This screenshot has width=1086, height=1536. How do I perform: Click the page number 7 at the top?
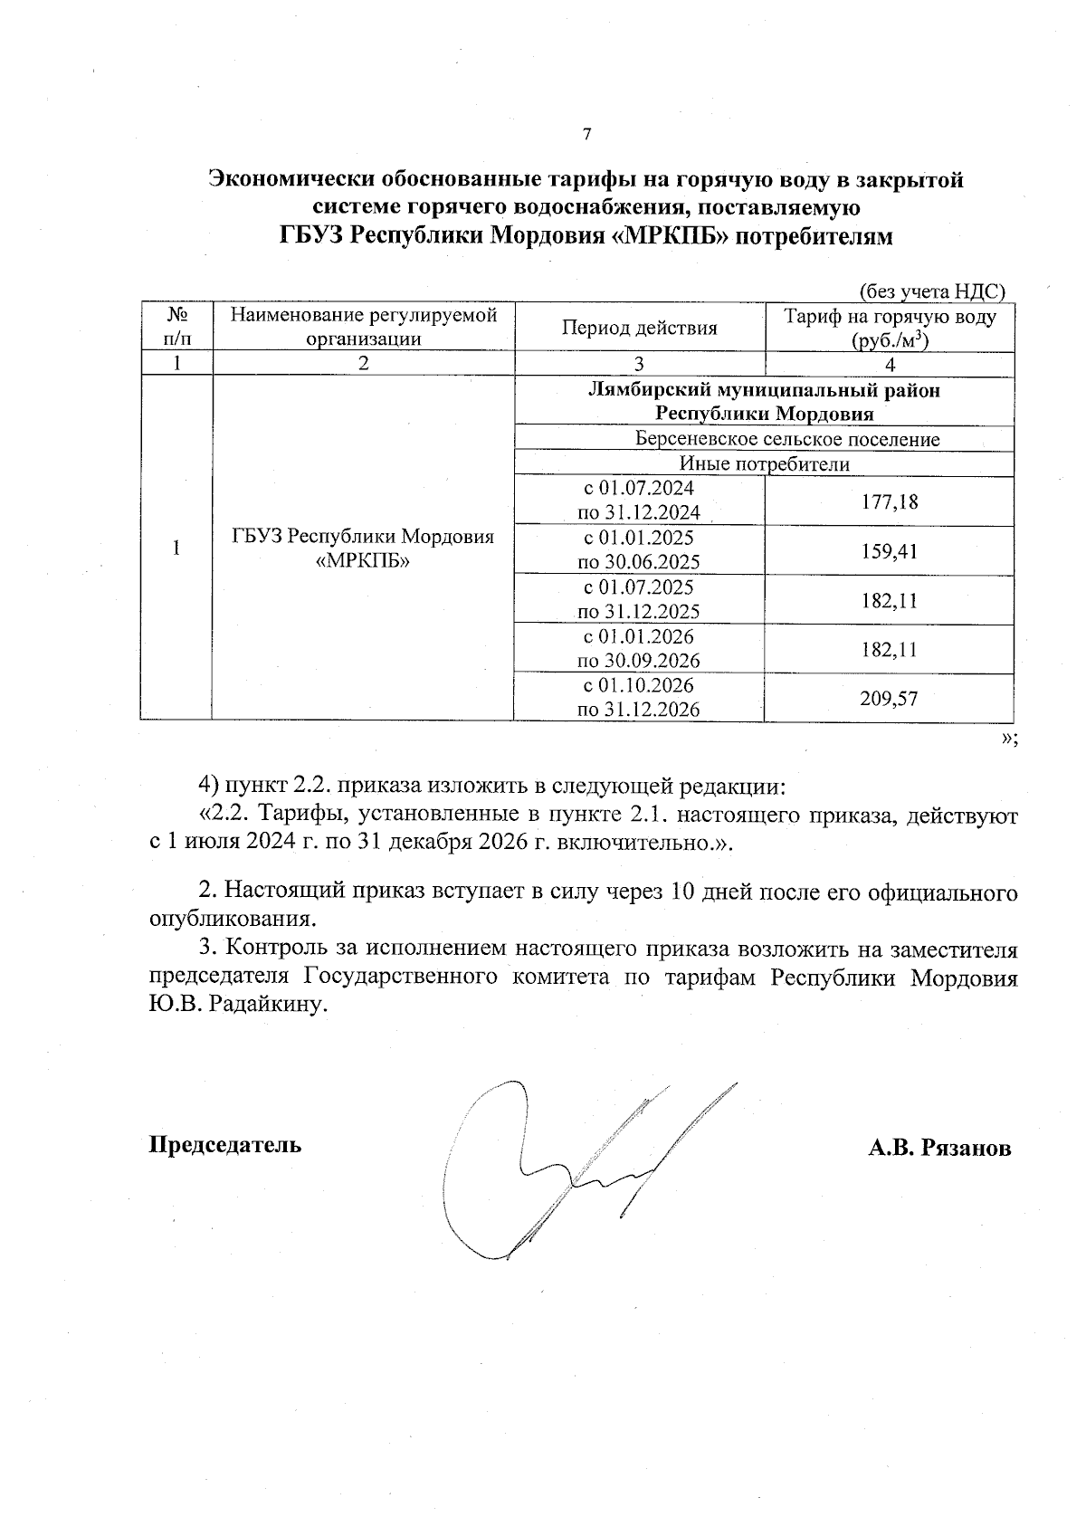point(586,135)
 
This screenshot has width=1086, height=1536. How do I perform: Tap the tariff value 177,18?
point(889,501)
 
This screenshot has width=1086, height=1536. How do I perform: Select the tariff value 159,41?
point(889,550)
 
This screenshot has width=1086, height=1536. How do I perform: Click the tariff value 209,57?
point(889,698)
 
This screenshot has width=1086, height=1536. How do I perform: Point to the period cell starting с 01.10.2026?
point(639,697)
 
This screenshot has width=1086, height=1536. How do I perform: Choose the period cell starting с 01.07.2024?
point(639,501)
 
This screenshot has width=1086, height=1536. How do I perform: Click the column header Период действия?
point(639,328)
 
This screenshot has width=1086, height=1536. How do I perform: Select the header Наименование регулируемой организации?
point(364,328)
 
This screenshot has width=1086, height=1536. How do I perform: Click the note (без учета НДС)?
point(931,291)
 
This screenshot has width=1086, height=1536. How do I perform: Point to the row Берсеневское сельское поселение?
point(786,440)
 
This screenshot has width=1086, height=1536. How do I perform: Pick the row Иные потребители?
point(765,464)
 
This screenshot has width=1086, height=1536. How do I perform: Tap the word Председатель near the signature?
point(225,1145)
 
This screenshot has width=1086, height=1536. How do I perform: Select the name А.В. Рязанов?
point(938,1149)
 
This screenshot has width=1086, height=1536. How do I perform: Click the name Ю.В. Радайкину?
point(235,1006)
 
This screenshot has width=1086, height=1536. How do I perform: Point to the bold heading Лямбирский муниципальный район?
point(764,391)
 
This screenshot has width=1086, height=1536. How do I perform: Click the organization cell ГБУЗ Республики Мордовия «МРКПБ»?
point(363,549)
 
